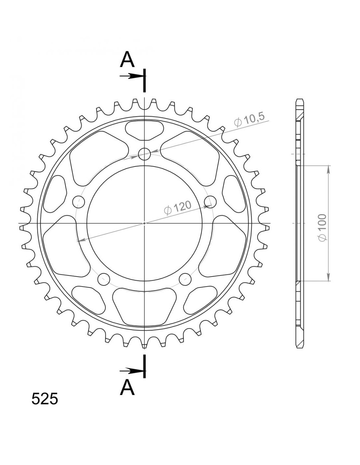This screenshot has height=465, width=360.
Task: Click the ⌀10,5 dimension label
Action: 249,120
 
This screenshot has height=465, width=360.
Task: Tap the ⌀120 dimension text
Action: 177,207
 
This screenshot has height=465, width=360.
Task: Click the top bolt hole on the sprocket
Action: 144,154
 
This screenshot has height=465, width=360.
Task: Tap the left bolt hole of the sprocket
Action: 79,201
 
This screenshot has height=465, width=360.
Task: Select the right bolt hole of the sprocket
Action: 210,201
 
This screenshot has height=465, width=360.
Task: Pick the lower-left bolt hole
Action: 104,279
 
